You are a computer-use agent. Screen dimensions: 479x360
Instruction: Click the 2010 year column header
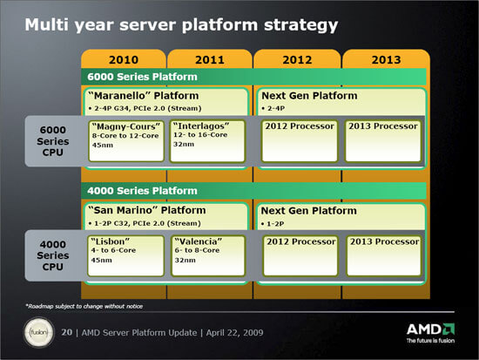(124, 59)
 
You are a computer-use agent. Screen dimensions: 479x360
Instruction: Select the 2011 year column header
(210, 59)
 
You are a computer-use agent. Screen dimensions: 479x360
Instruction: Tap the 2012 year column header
(297, 59)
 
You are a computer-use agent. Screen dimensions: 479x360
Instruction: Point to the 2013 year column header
(386, 59)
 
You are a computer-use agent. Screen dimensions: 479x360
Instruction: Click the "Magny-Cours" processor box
(126, 140)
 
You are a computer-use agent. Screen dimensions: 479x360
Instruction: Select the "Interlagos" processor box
(208, 140)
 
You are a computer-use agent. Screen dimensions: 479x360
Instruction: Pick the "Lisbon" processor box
(125, 255)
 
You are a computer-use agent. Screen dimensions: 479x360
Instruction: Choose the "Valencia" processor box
(208, 255)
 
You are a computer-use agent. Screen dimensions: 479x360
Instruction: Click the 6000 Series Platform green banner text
(142, 77)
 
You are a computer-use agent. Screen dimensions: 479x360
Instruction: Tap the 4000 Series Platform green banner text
(142, 191)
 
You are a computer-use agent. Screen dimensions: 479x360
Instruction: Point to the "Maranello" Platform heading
(144, 96)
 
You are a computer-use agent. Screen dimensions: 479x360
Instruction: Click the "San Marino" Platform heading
(147, 210)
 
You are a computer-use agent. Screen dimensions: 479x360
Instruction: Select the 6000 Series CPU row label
(53, 141)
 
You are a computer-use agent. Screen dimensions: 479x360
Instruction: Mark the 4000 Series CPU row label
(53, 255)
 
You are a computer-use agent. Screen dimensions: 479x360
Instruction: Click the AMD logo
(430, 333)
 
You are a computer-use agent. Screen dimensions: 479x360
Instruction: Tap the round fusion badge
(39, 332)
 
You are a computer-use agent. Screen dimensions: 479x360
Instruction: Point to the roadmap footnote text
(84, 306)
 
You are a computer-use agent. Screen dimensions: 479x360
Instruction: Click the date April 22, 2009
(234, 332)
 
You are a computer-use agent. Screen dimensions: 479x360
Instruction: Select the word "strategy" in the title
(301, 25)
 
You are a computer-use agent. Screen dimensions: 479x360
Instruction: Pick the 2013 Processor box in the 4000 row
(384, 255)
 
